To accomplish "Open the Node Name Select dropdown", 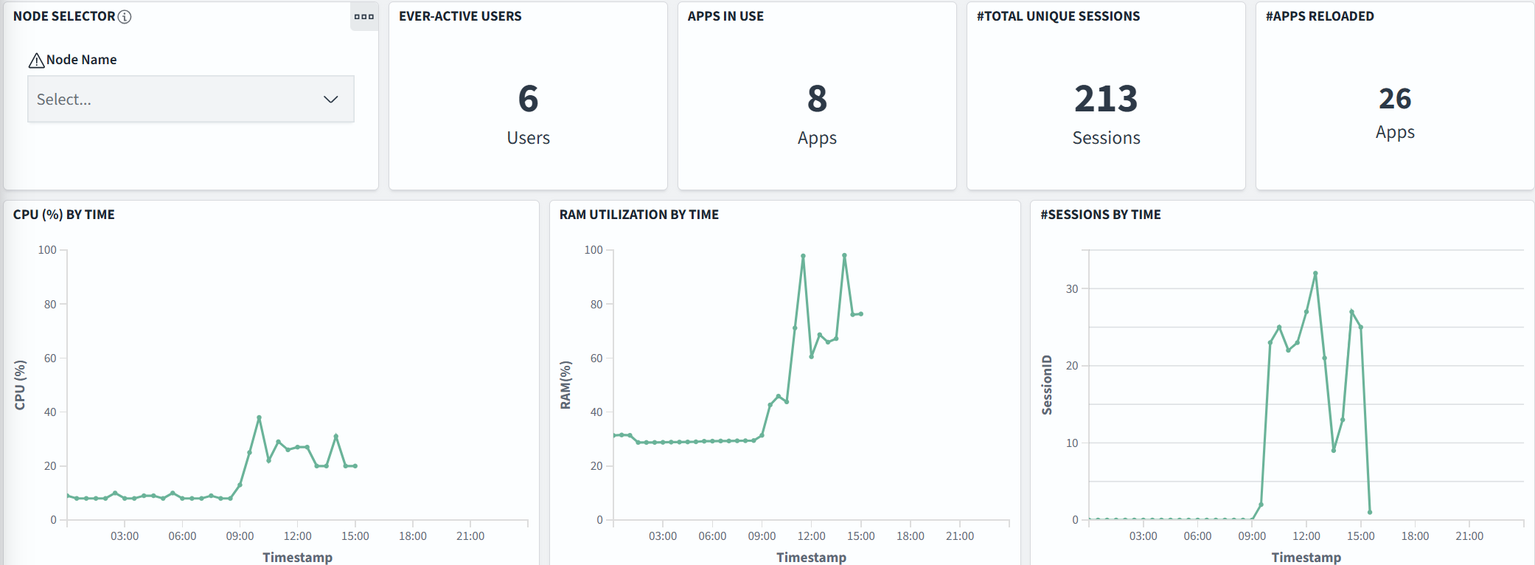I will click(x=190, y=99).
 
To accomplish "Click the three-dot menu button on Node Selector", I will click(x=363, y=16).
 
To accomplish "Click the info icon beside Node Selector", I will click(x=125, y=16).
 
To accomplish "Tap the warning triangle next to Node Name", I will click(x=36, y=60).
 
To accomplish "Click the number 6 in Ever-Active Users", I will click(x=528, y=99).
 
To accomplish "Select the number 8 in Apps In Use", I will click(x=817, y=99).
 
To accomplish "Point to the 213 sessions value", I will click(x=1106, y=99).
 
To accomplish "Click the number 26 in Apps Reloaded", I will click(x=1395, y=99).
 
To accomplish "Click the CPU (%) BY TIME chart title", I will click(x=64, y=215).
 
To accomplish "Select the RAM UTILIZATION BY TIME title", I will click(x=638, y=215).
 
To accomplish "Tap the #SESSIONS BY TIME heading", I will click(x=1100, y=215).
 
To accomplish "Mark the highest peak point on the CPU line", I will click(x=259, y=417).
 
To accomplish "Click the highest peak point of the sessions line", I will click(x=1315, y=274).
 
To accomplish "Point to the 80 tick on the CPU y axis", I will click(x=50, y=304).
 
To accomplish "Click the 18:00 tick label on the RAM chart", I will click(x=910, y=536).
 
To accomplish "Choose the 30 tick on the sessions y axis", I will click(x=1072, y=288).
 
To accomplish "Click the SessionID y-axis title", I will click(x=1047, y=385).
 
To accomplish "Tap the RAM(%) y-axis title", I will click(x=565, y=385).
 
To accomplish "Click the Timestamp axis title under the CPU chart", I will click(x=297, y=557).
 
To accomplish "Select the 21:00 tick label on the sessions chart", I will click(x=1469, y=536).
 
